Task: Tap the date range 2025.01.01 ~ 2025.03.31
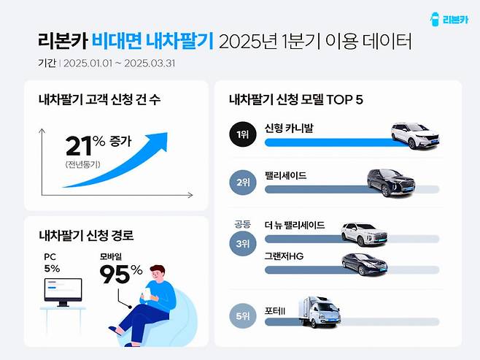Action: [x=120, y=63]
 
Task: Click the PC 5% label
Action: [x=53, y=264]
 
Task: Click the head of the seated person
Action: [x=158, y=275]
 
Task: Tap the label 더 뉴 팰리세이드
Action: [x=295, y=226]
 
